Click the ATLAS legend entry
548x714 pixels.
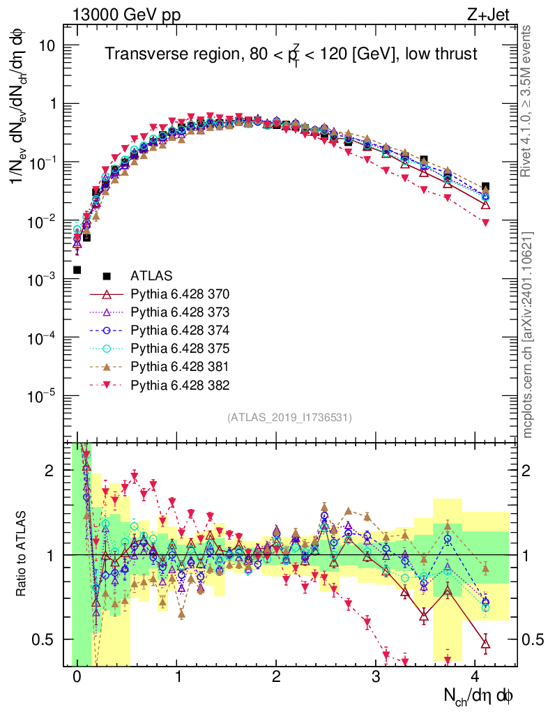coord(151,275)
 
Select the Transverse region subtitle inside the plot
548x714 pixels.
coord(291,54)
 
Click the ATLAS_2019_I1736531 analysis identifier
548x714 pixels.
coord(289,418)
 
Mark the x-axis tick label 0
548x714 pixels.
coord(77,677)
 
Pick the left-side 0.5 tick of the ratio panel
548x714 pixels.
coord(46,639)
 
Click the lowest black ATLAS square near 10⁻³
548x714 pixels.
coord(77,270)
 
